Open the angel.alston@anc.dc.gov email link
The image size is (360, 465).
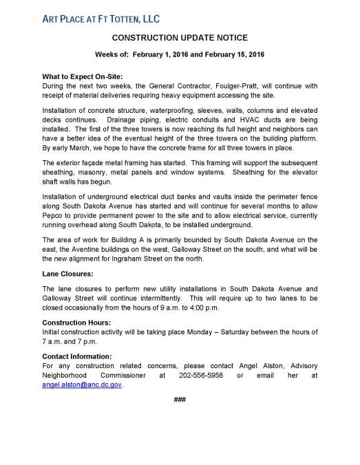pos(86,385)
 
